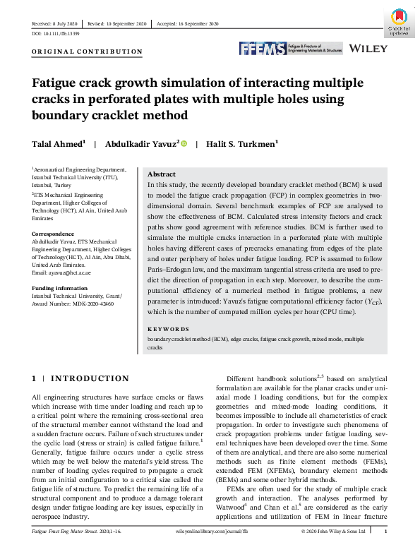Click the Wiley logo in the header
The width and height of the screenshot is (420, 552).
click(369, 49)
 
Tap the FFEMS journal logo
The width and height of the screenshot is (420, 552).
click(290, 49)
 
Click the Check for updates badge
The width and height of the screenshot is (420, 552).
click(399, 23)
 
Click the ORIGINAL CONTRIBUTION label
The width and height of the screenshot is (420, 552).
click(87, 52)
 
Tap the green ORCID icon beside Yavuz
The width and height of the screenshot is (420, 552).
click(184, 144)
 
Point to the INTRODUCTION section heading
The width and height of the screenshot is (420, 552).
click(90, 379)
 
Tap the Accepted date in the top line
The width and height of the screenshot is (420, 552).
click(186, 24)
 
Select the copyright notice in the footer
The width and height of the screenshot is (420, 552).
click(332, 532)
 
